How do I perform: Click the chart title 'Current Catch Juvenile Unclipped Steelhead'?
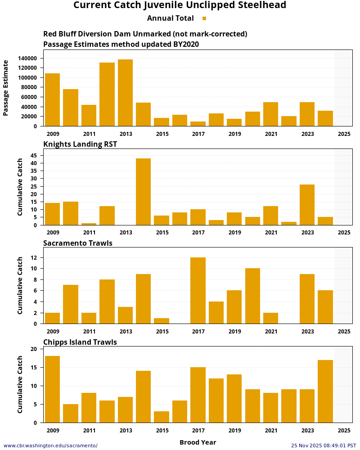pyautogui.click(x=180, y=5)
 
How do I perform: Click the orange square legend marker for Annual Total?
pyautogui.click(x=204, y=18)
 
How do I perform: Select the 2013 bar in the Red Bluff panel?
pyautogui.click(x=125, y=93)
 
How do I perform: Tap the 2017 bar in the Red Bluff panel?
pyautogui.click(x=198, y=124)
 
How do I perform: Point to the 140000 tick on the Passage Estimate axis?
pyautogui.click(x=27, y=58)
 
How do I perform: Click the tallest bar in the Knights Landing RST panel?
pyautogui.click(x=143, y=192)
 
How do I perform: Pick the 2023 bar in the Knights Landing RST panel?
pyautogui.click(x=307, y=205)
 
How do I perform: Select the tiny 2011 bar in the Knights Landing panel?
pyautogui.click(x=89, y=224)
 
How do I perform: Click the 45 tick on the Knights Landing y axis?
pyautogui.click(x=33, y=155)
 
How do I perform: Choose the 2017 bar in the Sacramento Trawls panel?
pyautogui.click(x=198, y=291)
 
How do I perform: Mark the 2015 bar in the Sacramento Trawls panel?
pyautogui.click(x=162, y=321)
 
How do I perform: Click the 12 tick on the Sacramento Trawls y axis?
pyautogui.click(x=33, y=257)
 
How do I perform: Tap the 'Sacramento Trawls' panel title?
pyautogui.click(x=78, y=243)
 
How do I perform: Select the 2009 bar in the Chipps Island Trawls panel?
pyautogui.click(x=52, y=389)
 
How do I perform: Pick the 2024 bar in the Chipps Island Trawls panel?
pyautogui.click(x=325, y=391)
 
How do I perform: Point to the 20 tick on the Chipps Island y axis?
pyautogui.click(x=33, y=349)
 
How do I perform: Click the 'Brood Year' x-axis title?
pyautogui.click(x=198, y=442)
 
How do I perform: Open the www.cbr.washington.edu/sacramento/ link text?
pyautogui.click(x=50, y=445)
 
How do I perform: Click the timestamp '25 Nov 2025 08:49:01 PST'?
pyautogui.click(x=323, y=445)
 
